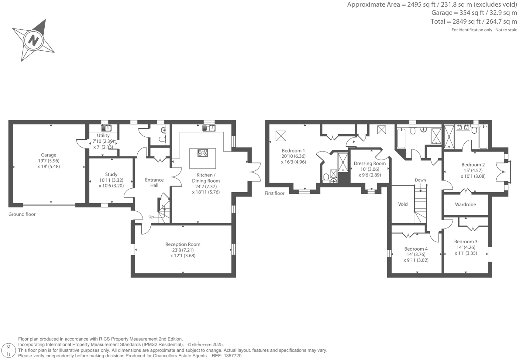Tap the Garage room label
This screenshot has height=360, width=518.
coord(49,155)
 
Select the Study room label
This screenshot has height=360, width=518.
coord(111,174)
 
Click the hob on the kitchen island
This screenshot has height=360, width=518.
coord(203,153)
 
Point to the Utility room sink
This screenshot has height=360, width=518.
coord(106,128)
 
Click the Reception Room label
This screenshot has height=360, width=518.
coord(183,244)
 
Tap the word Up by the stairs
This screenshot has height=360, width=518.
coord(151,217)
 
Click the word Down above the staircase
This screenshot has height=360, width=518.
coord(420,180)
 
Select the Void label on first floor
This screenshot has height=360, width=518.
coord(403,204)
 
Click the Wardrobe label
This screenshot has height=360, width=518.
coord(465,205)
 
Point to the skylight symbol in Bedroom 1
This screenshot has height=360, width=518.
coord(281,136)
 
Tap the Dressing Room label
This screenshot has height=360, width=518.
coord(370,163)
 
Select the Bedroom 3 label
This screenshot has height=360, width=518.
coord(466,242)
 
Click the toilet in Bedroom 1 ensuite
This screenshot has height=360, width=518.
coord(326,176)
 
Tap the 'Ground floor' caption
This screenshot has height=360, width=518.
coord(22,214)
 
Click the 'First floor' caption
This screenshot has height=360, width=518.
coord(275,193)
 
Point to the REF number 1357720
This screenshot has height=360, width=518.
coord(234,356)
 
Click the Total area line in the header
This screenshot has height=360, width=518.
coord(474,22)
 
